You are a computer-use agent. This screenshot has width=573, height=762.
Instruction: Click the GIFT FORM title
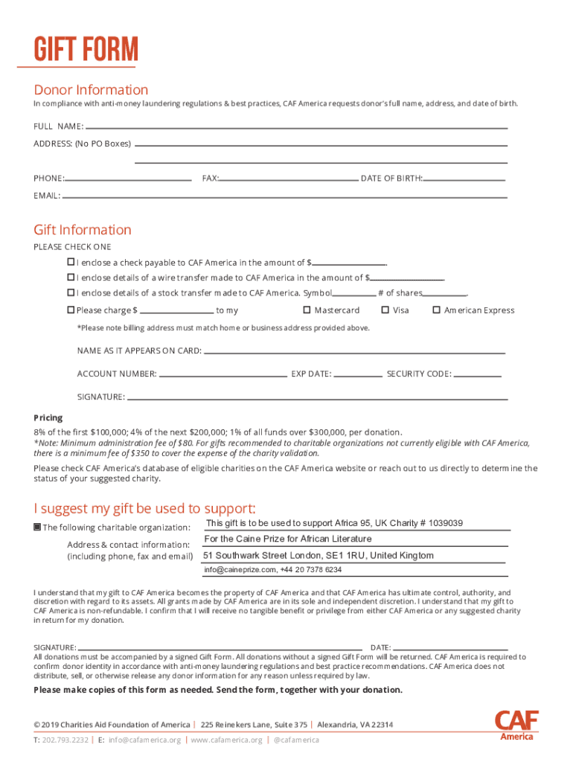[x=86, y=51]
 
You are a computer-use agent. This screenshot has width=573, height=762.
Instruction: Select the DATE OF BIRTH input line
[x=464, y=179]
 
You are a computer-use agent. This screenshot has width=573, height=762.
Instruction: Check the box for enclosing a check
[x=71, y=262]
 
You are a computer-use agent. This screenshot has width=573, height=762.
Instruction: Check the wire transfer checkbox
[x=71, y=278]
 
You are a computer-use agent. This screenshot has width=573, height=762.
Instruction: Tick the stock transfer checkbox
[x=71, y=293]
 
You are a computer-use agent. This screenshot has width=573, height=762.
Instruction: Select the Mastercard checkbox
[x=307, y=310]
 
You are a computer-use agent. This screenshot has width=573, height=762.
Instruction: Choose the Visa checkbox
[x=385, y=310]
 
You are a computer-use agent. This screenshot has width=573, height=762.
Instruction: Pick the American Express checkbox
[x=437, y=310]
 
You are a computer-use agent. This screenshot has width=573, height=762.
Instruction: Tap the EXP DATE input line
[x=358, y=374]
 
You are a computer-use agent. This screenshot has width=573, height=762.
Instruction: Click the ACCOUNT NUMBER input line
[x=223, y=374]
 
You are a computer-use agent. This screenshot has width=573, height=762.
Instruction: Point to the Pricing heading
[x=48, y=418]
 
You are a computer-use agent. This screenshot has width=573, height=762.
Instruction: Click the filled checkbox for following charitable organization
[x=37, y=528]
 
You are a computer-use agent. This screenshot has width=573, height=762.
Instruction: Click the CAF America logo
[x=516, y=725]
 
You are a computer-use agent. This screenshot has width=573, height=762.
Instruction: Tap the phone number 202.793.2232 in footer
[x=65, y=740]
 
